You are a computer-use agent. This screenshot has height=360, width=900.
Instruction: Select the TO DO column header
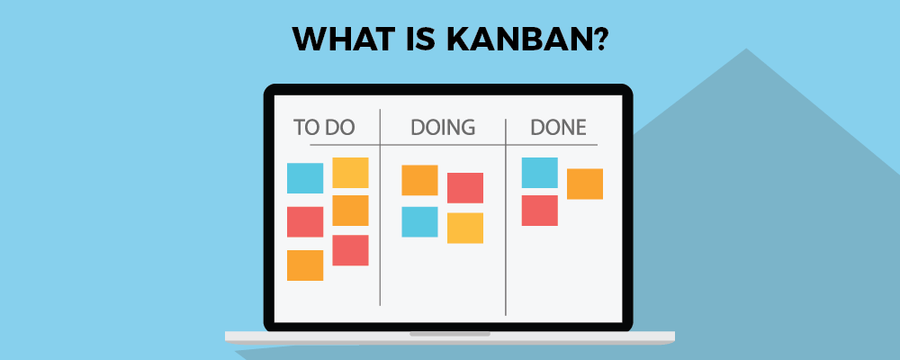pyautogui.click(x=324, y=127)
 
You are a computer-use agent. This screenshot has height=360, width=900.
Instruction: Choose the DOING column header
pyautogui.click(x=442, y=127)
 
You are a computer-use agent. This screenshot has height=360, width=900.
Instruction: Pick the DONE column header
pyautogui.click(x=558, y=127)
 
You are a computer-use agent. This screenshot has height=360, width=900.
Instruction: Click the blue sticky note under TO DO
pyautogui.click(x=305, y=178)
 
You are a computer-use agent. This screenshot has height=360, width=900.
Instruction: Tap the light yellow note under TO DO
pyautogui.click(x=350, y=172)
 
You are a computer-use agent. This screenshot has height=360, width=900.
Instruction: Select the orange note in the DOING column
pyautogui.click(x=419, y=180)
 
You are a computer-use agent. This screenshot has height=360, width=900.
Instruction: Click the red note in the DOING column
pyautogui.click(x=465, y=187)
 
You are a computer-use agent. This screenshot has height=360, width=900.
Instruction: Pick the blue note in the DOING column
pyautogui.click(x=419, y=221)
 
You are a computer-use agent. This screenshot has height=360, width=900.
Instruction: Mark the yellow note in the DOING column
pyautogui.click(x=465, y=228)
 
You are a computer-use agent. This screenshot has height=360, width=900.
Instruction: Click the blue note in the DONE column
pyautogui.click(x=540, y=173)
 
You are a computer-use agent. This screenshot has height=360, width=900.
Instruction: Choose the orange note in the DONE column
pyautogui.click(x=585, y=184)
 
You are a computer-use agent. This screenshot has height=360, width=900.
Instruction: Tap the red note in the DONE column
pyautogui.click(x=540, y=211)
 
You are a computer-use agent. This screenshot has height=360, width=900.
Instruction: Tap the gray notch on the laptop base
pyautogui.click(x=450, y=334)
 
